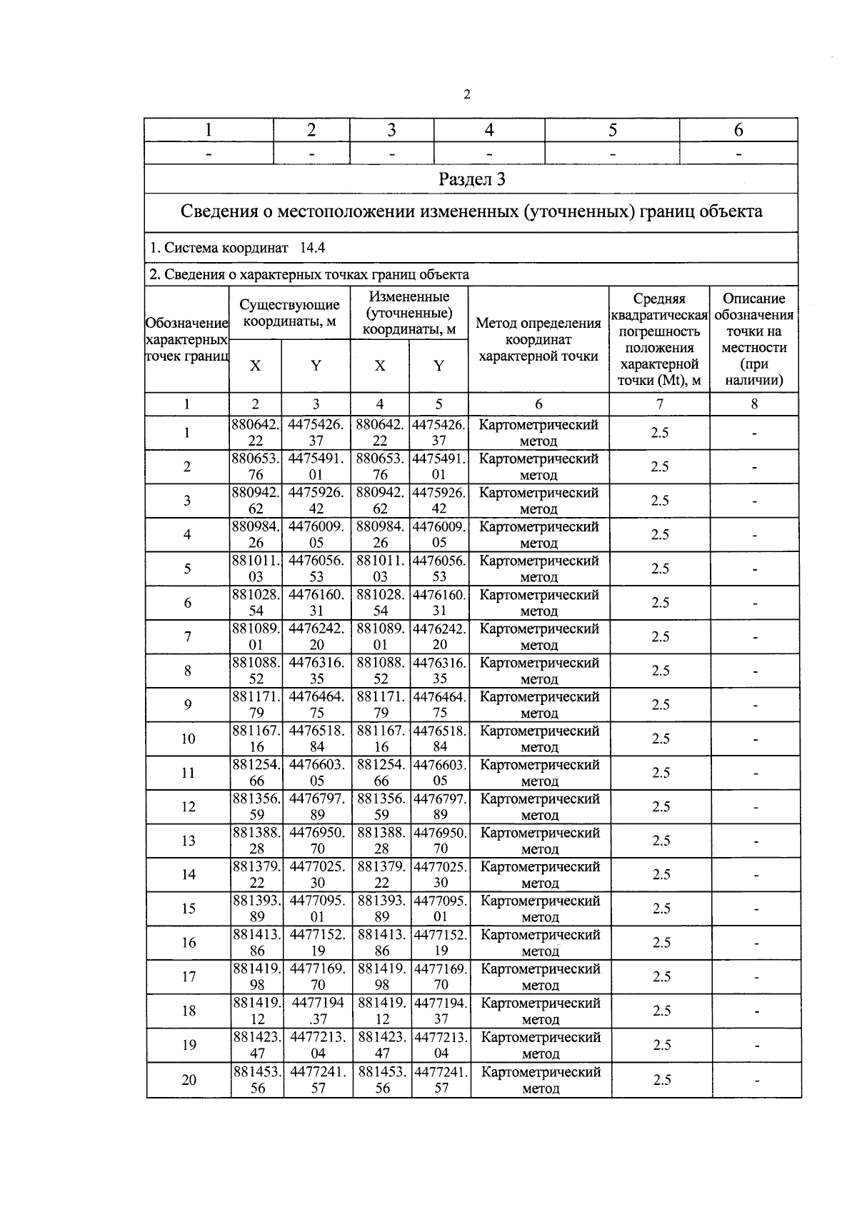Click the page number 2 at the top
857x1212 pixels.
point(467,94)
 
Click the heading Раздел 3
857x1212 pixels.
point(471,179)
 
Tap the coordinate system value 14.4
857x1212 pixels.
point(312,248)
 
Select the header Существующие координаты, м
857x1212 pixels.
point(289,313)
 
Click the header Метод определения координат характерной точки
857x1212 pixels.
point(538,340)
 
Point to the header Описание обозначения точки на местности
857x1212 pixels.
point(753,339)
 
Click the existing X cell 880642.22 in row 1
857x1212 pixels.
point(255,432)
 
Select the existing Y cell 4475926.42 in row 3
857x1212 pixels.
point(316,500)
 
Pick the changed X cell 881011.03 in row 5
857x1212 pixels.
point(380,569)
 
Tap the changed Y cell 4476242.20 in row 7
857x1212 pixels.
point(439,636)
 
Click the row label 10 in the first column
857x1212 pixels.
point(188,738)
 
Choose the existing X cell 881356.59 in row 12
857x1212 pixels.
point(256,806)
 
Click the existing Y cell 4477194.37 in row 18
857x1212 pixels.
point(318,1011)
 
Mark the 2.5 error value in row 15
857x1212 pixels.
point(661,908)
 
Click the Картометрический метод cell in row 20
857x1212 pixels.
point(541,1079)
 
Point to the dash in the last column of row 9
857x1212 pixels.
point(756,706)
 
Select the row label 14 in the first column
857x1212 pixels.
point(188,874)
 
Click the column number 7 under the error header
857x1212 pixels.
point(660,404)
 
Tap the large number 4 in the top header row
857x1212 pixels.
point(489,130)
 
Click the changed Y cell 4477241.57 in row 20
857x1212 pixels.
point(441,1079)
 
